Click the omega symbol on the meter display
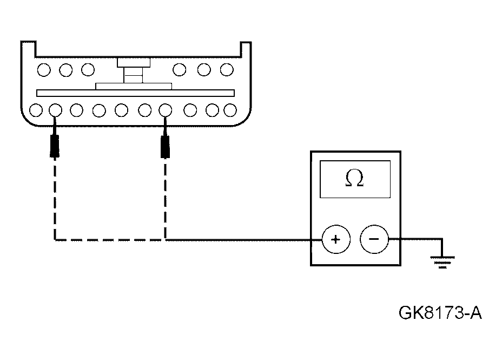(354, 179)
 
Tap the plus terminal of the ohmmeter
(336, 239)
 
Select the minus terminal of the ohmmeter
(374, 239)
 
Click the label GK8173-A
(440, 312)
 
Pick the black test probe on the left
(54, 145)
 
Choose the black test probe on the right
(165, 145)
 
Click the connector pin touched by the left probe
(55, 110)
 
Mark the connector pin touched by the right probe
(166, 110)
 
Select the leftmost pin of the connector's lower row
(36, 110)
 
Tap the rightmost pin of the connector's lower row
(230, 110)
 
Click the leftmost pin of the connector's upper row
(44, 69)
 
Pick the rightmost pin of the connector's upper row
(227, 69)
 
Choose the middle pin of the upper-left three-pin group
(66, 69)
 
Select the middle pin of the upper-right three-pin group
(204, 69)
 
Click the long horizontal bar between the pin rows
(135, 93)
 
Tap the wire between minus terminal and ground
(417, 239)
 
